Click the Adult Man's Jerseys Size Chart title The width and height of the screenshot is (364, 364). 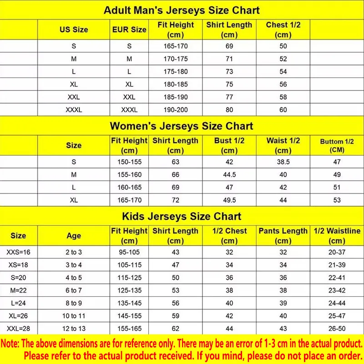point(182,10)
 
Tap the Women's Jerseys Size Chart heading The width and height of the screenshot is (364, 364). point(182,126)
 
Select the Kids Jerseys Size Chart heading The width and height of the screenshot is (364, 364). point(182,216)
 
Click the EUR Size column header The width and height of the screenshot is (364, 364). point(129,30)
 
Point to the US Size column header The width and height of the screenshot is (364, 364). point(74,30)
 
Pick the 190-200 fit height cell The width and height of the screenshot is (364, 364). point(176,109)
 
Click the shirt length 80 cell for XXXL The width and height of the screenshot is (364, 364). point(229,109)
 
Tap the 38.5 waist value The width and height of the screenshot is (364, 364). point(283,162)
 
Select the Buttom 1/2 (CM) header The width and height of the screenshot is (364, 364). point(337,146)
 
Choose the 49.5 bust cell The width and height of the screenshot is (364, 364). point(229,199)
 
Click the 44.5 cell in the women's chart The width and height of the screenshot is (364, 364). point(229,174)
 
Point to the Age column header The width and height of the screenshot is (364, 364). point(74,236)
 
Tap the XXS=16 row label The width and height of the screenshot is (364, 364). point(18,252)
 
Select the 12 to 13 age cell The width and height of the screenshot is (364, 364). point(74,329)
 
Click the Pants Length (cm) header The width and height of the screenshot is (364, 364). point(283,236)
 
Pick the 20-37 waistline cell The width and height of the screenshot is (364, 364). point(337,252)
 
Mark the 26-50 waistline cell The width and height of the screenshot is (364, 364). point(337,329)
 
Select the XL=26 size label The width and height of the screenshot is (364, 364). point(18,316)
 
